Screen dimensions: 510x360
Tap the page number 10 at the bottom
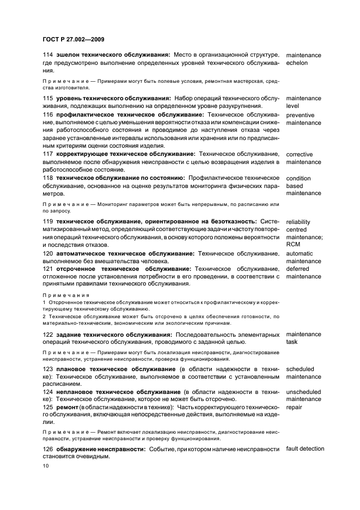coord(46,466)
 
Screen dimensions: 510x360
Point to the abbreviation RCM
coord(294,245)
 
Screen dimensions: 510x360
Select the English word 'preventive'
coord(302,115)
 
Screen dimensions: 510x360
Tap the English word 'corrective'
coord(300,154)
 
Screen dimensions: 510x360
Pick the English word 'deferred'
coord(298,269)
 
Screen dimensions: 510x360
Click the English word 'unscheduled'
coord(303,392)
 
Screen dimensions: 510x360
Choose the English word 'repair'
coord(294,407)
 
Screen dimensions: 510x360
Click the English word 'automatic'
coord(300,253)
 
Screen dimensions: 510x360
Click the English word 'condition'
coord(298,178)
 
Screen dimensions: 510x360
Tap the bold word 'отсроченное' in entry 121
coord(77,269)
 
